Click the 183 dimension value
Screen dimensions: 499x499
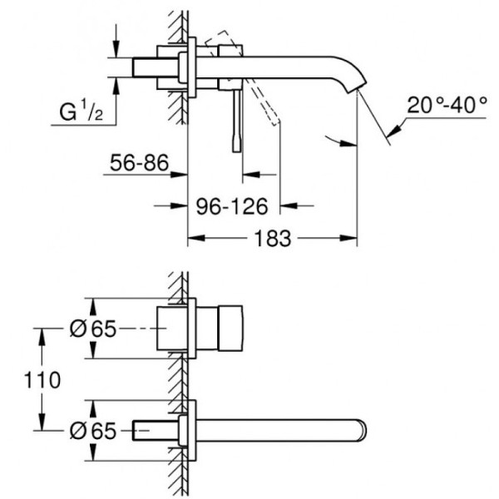[x=272, y=239]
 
